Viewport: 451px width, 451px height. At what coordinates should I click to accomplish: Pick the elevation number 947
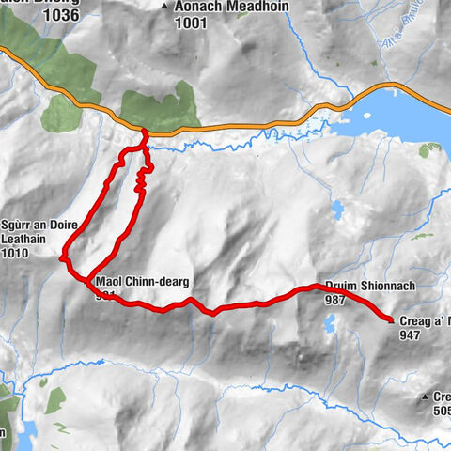pos(412,334)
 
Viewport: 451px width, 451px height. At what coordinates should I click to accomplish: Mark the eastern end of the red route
pos(391,320)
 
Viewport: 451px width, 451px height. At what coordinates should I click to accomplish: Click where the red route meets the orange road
pos(144,129)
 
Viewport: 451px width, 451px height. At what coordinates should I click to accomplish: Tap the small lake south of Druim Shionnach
pos(329,326)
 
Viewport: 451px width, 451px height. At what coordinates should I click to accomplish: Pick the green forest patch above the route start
pos(160,108)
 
